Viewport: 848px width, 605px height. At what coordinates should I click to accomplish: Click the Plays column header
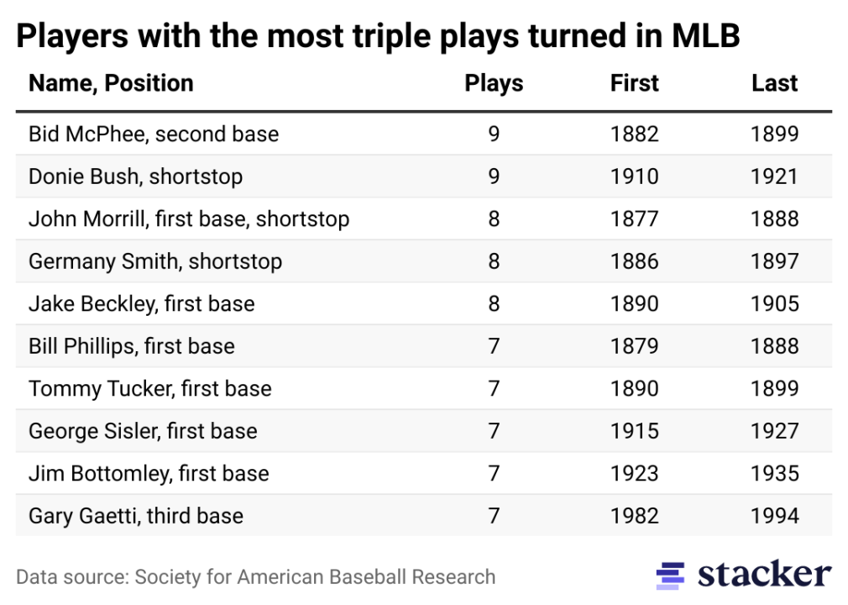pyautogui.click(x=494, y=83)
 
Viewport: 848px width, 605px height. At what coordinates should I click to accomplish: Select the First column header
pyautogui.click(x=635, y=83)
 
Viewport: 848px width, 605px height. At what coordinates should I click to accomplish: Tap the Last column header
pyautogui.click(x=774, y=83)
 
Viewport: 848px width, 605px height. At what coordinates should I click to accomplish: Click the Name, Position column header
pyautogui.click(x=111, y=83)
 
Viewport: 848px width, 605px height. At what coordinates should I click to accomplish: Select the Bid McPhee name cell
pyautogui.click(x=154, y=134)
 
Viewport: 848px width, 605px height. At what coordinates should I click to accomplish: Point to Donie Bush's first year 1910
pyautogui.click(x=635, y=176)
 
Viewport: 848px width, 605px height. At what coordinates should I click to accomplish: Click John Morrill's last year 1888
pyautogui.click(x=774, y=219)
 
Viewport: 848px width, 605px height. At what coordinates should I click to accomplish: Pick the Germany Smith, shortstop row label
pyautogui.click(x=155, y=261)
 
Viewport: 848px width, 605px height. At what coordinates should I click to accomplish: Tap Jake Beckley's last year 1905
pyautogui.click(x=774, y=303)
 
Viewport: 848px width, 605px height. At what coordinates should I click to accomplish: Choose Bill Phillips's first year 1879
pyautogui.click(x=635, y=346)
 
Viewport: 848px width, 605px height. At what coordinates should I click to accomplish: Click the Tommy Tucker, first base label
pyautogui.click(x=150, y=389)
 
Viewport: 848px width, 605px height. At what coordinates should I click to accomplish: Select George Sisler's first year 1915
pyautogui.click(x=635, y=431)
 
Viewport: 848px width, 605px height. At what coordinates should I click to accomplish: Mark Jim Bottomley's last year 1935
pyautogui.click(x=774, y=474)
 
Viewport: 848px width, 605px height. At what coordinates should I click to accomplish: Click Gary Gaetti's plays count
pyautogui.click(x=494, y=516)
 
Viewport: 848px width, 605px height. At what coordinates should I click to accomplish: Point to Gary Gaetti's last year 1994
pyautogui.click(x=774, y=516)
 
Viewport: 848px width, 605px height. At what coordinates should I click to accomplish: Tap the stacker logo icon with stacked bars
pyautogui.click(x=671, y=576)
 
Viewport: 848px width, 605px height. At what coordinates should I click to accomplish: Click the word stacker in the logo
pyautogui.click(x=764, y=575)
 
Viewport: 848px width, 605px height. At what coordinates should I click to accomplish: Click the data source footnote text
pyautogui.click(x=256, y=577)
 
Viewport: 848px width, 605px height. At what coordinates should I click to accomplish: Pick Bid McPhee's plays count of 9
pyautogui.click(x=494, y=134)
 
